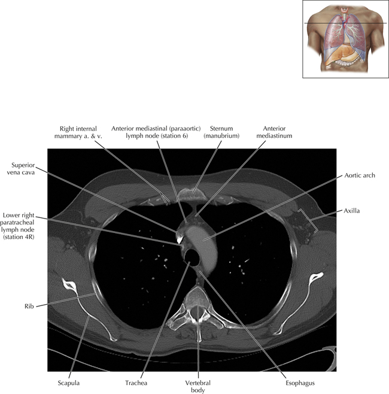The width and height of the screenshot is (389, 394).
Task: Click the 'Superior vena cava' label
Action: (25, 169)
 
